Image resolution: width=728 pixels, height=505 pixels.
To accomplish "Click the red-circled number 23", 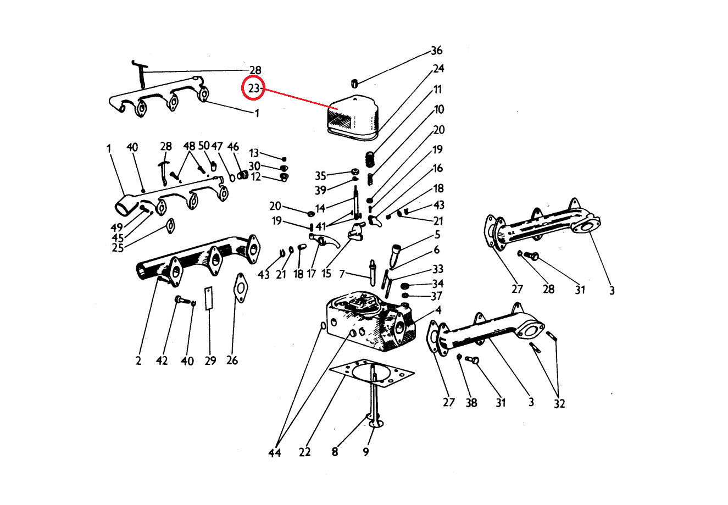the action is pos(253,88).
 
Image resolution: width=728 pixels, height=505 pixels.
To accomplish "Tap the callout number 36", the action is pos(436,51).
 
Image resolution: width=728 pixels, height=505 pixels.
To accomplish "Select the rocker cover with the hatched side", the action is pos(353,117).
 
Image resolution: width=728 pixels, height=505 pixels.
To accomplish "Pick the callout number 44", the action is pos(275,453).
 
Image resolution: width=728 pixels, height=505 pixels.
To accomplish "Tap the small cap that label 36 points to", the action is pos(354,84).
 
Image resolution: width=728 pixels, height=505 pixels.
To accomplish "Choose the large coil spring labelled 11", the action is pos(370,159).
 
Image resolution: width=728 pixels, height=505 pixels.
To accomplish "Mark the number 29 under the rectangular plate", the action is pos(210,360).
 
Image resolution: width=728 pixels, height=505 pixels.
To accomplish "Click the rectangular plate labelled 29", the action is pos(209,298).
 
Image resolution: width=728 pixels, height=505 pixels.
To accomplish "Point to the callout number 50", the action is pos(204,146).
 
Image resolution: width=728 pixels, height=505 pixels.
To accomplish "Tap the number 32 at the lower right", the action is pos(559,403).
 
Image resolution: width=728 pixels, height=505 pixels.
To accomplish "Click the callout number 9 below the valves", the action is pos(366,452).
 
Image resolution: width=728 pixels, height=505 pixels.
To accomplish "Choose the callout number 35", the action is pos(320,176).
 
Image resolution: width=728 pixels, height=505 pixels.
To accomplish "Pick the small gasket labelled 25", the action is pos(170,226).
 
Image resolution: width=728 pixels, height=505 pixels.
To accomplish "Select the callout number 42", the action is pos(162,360).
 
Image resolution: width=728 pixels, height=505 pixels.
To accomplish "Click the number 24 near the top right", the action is pos(438,69).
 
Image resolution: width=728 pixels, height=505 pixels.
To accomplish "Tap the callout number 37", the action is pos(436,296).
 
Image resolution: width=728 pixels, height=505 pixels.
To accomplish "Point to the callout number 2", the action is pos(138,360).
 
